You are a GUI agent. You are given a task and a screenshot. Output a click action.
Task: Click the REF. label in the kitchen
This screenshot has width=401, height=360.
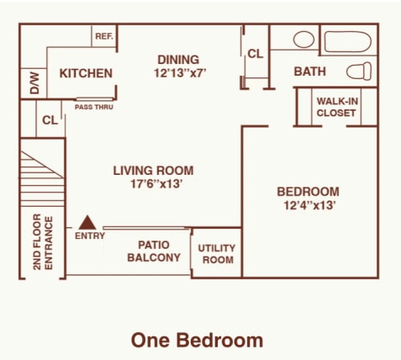pyautogui.click(x=104, y=36)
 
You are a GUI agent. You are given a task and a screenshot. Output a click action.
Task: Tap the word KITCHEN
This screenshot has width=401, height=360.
pyautogui.click(x=86, y=73)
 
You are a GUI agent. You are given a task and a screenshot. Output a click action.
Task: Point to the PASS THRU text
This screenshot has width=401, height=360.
pyautogui.click(x=94, y=107)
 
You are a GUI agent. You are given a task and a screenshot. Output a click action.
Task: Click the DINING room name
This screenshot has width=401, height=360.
pyautogui.click(x=178, y=60)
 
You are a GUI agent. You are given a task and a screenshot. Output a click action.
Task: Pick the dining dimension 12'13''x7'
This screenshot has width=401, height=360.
pyautogui.click(x=180, y=73)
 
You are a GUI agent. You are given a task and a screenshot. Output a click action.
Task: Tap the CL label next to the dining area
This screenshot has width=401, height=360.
pyautogui.click(x=255, y=55)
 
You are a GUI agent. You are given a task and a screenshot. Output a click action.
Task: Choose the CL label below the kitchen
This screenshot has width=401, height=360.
pyautogui.click(x=50, y=120)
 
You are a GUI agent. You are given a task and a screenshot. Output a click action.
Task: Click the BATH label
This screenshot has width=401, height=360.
pyautogui.click(x=309, y=72)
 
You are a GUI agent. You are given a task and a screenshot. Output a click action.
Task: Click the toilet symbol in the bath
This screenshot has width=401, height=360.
pyautogui.click(x=360, y=71)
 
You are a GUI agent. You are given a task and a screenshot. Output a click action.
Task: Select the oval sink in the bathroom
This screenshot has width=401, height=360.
pyautogui.click(x=303, y=40)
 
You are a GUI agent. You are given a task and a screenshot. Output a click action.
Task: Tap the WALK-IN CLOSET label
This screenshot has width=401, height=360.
pyautogui.click(x=336, y=107)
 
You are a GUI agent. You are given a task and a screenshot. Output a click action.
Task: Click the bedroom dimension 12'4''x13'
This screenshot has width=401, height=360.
pyautogui.click(x=308, y=204)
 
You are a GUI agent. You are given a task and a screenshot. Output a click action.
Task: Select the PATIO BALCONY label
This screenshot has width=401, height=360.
pyautogui.click(x=154, y=251)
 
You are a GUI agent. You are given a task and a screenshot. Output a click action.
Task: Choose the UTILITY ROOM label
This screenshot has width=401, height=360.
pyautogui.click(x=216, y=254)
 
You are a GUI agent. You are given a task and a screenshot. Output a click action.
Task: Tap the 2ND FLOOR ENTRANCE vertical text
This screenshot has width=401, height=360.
pyautogui.click(x=42, y=243)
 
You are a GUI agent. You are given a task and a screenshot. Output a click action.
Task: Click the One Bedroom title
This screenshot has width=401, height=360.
pyautogui.click(x=197, y=340)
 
